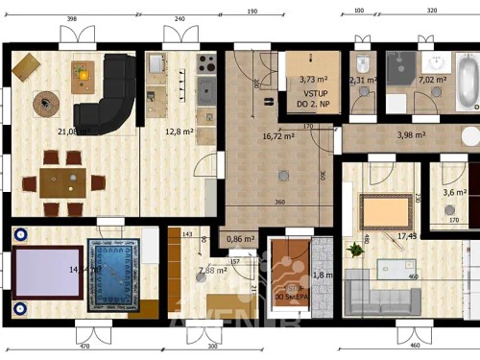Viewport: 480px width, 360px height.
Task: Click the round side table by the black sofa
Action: (x=44, y=102)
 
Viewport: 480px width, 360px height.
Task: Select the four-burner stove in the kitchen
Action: (x=205, y=64)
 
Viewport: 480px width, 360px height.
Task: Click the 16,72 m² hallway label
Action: (x=277, y=136)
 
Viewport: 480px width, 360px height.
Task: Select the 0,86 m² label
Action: (x=240, y=239)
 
